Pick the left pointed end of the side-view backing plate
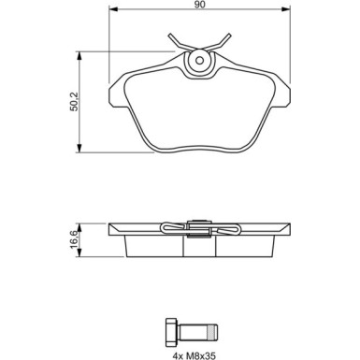111,230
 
